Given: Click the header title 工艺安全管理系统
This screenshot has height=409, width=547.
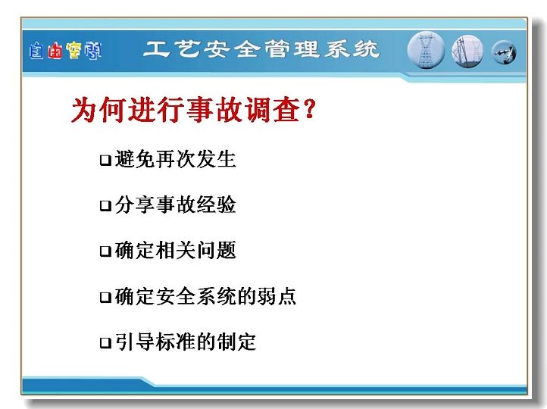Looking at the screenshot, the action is tap(261, 48).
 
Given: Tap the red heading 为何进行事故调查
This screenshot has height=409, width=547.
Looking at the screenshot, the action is tap(186, 110).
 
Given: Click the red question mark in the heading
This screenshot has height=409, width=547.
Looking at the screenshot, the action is tap(309, 109).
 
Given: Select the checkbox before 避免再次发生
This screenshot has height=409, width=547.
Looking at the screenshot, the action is tap(105, 160).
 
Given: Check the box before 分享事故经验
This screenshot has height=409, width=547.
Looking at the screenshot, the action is tap(105, 205).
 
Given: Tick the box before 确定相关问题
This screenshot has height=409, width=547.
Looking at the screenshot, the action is tap(105, 251).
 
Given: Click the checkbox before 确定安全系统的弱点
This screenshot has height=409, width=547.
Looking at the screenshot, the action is tap(105, 297).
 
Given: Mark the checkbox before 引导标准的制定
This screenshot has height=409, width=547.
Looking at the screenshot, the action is tap(105, 343).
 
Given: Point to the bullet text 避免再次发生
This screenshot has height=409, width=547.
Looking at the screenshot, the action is tap(176, 159).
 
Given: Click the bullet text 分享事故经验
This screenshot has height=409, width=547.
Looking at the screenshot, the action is tap(176, 204).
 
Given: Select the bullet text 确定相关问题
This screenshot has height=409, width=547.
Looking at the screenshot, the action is tap(176, 250).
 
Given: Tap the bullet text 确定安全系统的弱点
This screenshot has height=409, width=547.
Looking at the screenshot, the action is tap(205, 296).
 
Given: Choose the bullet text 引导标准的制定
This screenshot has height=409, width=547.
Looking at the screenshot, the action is tap(186, 342).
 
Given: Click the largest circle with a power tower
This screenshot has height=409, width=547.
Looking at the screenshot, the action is tap(426, 50).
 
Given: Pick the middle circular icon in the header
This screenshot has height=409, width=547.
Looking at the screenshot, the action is tap(467, 52).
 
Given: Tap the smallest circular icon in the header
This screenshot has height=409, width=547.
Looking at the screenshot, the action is tap(504, 53).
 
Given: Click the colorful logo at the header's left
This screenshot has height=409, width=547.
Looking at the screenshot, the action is tap(66, 51).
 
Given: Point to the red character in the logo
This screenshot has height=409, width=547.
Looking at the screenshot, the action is tap(55, 52).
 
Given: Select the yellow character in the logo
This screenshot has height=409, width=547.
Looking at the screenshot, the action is tap(73, 51).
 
